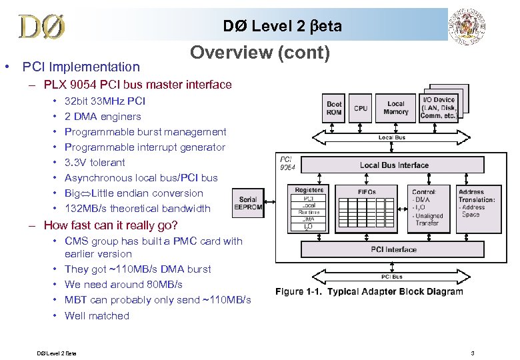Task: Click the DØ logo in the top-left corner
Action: (41, 27)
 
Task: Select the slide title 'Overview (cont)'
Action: (260, 53)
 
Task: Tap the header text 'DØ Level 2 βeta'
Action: (282, 26)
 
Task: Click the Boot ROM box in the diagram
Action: (333, 108)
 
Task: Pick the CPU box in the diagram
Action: (361, 108)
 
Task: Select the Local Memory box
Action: (395, 108)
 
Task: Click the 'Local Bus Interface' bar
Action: (394, 165)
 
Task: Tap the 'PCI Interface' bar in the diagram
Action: (393, 249)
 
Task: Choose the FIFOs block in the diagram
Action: (367, 207)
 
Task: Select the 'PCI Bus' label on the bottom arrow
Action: (392, 276)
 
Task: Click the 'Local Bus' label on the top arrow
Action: (391, 137)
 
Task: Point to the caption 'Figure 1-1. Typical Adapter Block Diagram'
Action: (369, 291)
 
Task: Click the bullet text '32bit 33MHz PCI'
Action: (105, 101)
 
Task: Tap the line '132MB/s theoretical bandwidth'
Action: (137, 209)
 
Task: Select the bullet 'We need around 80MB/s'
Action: (123, 285)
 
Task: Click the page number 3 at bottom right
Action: (472, 352)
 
